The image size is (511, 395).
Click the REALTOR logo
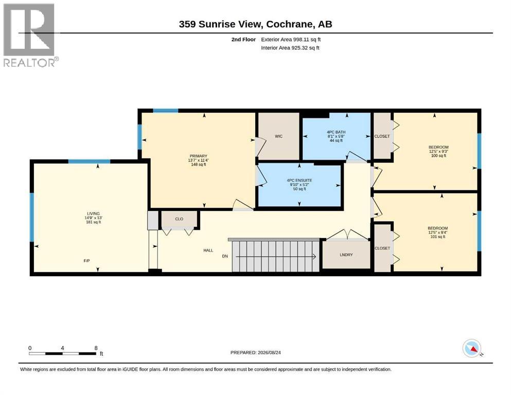point(31,35)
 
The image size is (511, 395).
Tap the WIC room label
point(278,136)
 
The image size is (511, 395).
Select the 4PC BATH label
point(336,132)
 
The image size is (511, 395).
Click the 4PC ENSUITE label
point(299,181)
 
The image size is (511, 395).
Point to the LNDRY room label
point(346,255)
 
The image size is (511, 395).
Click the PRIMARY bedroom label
point(199,156)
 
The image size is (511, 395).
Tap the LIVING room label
point(93,213)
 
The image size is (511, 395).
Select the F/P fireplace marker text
point(86,261)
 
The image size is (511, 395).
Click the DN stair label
point(225,256)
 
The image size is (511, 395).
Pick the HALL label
point(208,250)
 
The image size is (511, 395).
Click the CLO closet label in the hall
point(179,219)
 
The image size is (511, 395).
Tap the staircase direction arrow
point(276,257)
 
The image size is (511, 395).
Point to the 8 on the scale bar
point(96,348)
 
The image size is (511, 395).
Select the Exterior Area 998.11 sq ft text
point(291,40)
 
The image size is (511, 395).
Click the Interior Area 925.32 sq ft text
point(290,48)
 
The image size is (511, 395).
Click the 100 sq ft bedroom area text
point(438,156)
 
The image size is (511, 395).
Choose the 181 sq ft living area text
point(93,222)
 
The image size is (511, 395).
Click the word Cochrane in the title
point(287,24)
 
